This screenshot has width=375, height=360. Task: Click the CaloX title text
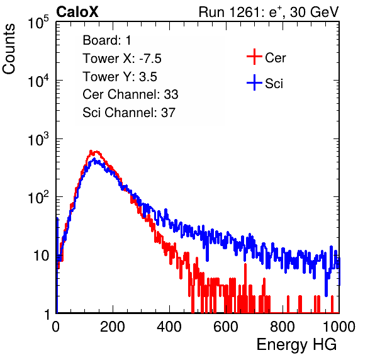point(77,11)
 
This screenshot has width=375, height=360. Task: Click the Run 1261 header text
point(269,12)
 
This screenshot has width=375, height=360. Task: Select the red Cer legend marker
point(254,57)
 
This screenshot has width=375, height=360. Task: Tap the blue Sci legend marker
point(254,83)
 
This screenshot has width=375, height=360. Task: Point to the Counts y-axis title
point(9,49)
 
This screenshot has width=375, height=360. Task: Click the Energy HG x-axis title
point(296,345)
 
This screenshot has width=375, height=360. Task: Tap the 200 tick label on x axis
point(113,327)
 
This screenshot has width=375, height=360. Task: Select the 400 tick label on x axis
point(169,327)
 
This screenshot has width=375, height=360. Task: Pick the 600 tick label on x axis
point(226,327)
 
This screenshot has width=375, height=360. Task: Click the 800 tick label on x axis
point(283,327)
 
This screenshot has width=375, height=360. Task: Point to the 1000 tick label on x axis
point(339,327)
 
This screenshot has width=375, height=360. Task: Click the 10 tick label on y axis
point(42,256)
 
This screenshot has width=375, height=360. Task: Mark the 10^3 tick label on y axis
point(38,138)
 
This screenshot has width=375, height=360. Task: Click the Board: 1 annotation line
point(107,40)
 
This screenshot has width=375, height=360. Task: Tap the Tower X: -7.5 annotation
point(122,59)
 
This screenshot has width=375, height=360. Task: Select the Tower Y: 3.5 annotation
point(120,77)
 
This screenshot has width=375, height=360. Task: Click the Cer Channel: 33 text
point(130,94)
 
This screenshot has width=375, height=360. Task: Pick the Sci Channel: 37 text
point(129,113)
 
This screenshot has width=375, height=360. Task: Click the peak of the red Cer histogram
point(91,151)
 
